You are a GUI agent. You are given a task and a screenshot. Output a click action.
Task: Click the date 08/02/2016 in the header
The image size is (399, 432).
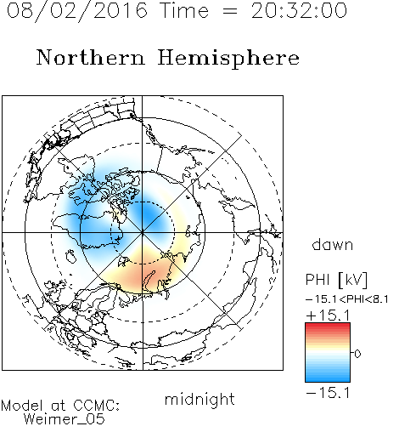click(76, 11)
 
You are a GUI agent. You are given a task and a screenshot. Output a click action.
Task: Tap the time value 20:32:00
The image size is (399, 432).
click(299, 11)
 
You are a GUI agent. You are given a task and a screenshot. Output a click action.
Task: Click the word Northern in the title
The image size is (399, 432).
click(91, 57)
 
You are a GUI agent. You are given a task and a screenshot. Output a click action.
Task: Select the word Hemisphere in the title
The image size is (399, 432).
click(228, 59)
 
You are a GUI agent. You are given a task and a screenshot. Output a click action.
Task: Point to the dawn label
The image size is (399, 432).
click(333, 244)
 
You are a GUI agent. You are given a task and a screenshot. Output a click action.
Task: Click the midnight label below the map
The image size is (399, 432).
click(199, 400)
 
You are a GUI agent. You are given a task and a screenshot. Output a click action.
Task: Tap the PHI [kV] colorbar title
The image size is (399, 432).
click(336, 280)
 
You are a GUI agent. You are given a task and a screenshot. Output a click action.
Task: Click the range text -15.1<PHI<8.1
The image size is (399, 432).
click(347, 299)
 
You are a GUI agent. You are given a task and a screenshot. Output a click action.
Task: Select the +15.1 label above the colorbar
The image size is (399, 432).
click(328, 315)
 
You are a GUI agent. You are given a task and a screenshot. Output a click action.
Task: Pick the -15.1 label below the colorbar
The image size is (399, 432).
click(328, 393)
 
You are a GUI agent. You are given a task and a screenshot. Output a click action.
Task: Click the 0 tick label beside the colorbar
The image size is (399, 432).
click(357, 354)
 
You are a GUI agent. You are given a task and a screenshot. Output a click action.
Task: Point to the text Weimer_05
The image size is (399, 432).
click(65, 418)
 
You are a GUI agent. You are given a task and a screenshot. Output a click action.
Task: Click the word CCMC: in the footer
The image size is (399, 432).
click(97, 406)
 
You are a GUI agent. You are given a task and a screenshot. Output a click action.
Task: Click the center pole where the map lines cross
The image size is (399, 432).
click(143, 233)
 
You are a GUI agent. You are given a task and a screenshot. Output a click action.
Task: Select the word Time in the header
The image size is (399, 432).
click(184, 11)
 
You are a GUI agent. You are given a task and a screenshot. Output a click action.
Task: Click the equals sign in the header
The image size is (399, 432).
click(230, 12)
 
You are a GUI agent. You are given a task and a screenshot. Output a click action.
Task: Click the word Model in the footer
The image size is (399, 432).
click(23, 406)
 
